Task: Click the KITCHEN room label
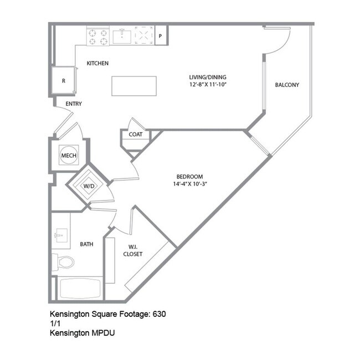pos(97,64)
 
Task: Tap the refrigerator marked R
pos(63,81)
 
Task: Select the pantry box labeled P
pos(161,36)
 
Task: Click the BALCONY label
pos(287,85)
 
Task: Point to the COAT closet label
pos(136,135)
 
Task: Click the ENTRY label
pos(74,104)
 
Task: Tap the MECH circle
pos(68,156)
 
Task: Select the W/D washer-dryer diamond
pos(89,186)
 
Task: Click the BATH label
pos(86,244)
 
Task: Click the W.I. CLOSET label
pos(133,250)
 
